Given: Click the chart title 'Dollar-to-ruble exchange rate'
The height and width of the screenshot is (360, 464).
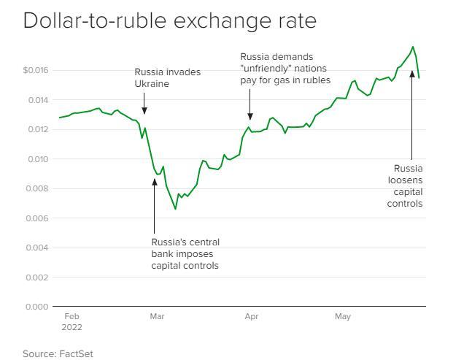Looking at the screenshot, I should (169, 20).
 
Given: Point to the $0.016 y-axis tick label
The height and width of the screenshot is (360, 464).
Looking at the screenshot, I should (36, 70).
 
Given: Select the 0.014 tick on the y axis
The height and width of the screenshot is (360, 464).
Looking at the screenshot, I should (38, 100).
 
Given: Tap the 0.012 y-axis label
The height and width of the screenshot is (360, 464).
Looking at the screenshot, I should (38, 129).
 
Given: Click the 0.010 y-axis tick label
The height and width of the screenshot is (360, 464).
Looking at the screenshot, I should (38, 159).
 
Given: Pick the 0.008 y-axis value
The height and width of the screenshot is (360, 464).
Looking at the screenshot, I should (38, 188).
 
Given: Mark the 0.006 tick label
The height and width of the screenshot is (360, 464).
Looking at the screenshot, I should (38, 218).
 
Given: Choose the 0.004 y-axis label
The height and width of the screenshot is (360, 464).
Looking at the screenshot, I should (38, 248).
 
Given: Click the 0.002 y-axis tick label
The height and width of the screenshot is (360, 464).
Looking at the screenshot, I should (38, 277).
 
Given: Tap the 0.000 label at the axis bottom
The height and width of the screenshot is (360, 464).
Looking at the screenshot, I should (38, 307).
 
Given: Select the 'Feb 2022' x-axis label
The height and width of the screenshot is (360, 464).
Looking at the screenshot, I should (71, 321).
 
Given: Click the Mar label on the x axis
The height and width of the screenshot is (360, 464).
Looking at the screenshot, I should (157, 317).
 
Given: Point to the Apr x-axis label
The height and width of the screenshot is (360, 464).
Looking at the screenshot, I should (251, 317).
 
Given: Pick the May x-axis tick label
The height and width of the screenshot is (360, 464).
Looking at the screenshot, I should (343, 317).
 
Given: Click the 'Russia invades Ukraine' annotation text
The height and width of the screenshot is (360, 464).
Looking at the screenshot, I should (167, 77).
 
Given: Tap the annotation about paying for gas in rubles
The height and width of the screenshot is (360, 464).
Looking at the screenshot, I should (285, 68).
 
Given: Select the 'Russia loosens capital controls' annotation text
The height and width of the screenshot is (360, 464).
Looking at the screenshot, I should (405, 186).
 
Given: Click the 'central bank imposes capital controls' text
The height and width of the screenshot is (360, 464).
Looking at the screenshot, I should (185, 253).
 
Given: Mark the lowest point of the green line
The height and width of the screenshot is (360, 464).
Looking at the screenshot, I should (175, 209).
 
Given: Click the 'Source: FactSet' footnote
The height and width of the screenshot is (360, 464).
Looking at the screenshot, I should (58, 353).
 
